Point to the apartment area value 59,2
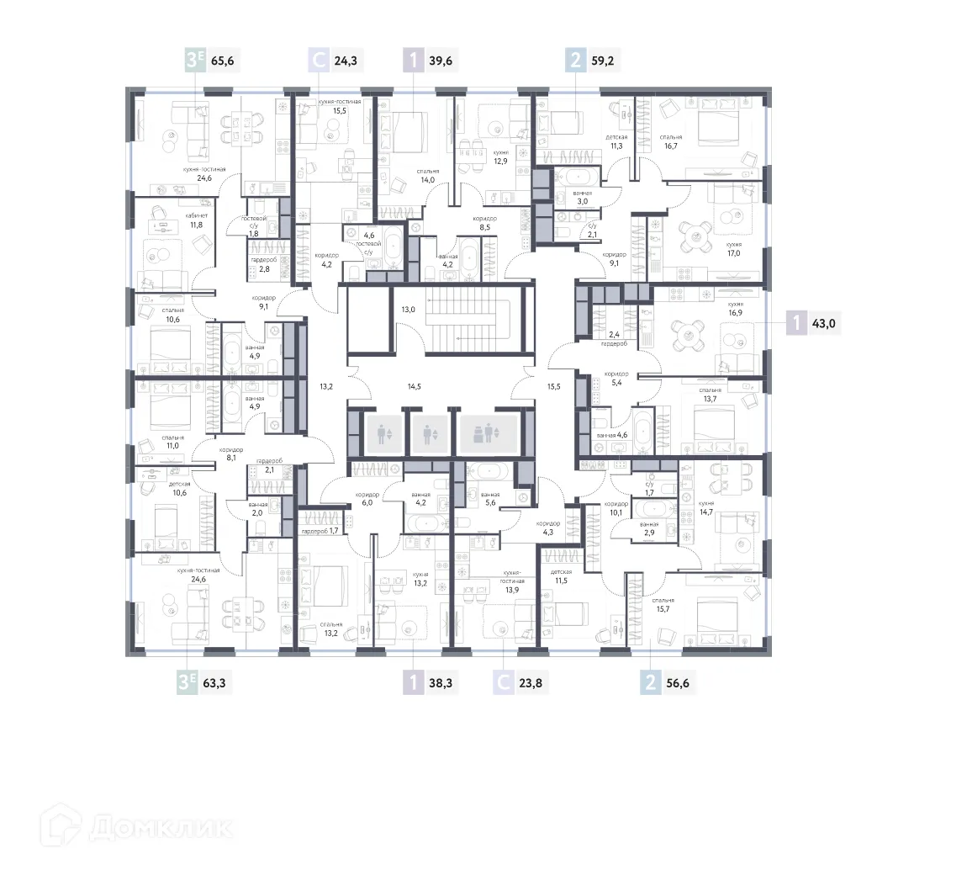tap(602, 61)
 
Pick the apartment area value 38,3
tap(441, 682)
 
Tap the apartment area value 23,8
tap(531, 682)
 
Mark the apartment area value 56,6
tap(677, 682)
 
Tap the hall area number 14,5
tap(414, 386)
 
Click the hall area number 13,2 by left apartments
tap(327, 386)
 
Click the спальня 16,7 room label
tap(670, 141)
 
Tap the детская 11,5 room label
tap(561, 576)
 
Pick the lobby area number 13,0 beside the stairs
tap(408, 310)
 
